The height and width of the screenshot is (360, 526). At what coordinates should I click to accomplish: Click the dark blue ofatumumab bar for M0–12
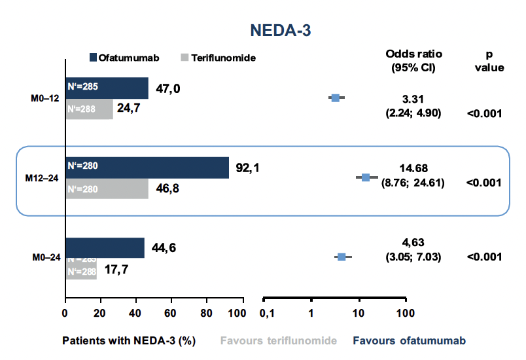107,88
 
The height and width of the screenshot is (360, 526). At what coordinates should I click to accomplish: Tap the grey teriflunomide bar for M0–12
90,109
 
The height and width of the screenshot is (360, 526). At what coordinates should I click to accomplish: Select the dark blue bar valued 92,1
147,168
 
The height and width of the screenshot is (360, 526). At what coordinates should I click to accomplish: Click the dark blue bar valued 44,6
105,247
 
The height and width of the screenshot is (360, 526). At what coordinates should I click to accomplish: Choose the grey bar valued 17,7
81,269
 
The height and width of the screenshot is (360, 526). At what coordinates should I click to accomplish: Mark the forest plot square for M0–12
336,98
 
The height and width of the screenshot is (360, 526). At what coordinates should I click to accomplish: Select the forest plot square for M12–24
366,177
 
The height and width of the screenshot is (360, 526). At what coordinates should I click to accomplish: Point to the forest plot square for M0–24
342,257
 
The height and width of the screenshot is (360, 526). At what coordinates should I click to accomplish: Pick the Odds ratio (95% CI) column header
413,60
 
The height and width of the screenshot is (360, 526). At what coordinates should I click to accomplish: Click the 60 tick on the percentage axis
171,312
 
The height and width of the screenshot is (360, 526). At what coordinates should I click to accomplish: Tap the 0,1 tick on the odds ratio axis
266,312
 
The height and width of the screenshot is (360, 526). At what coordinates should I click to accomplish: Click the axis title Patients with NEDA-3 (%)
129,341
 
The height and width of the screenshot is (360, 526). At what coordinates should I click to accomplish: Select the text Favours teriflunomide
279,341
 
